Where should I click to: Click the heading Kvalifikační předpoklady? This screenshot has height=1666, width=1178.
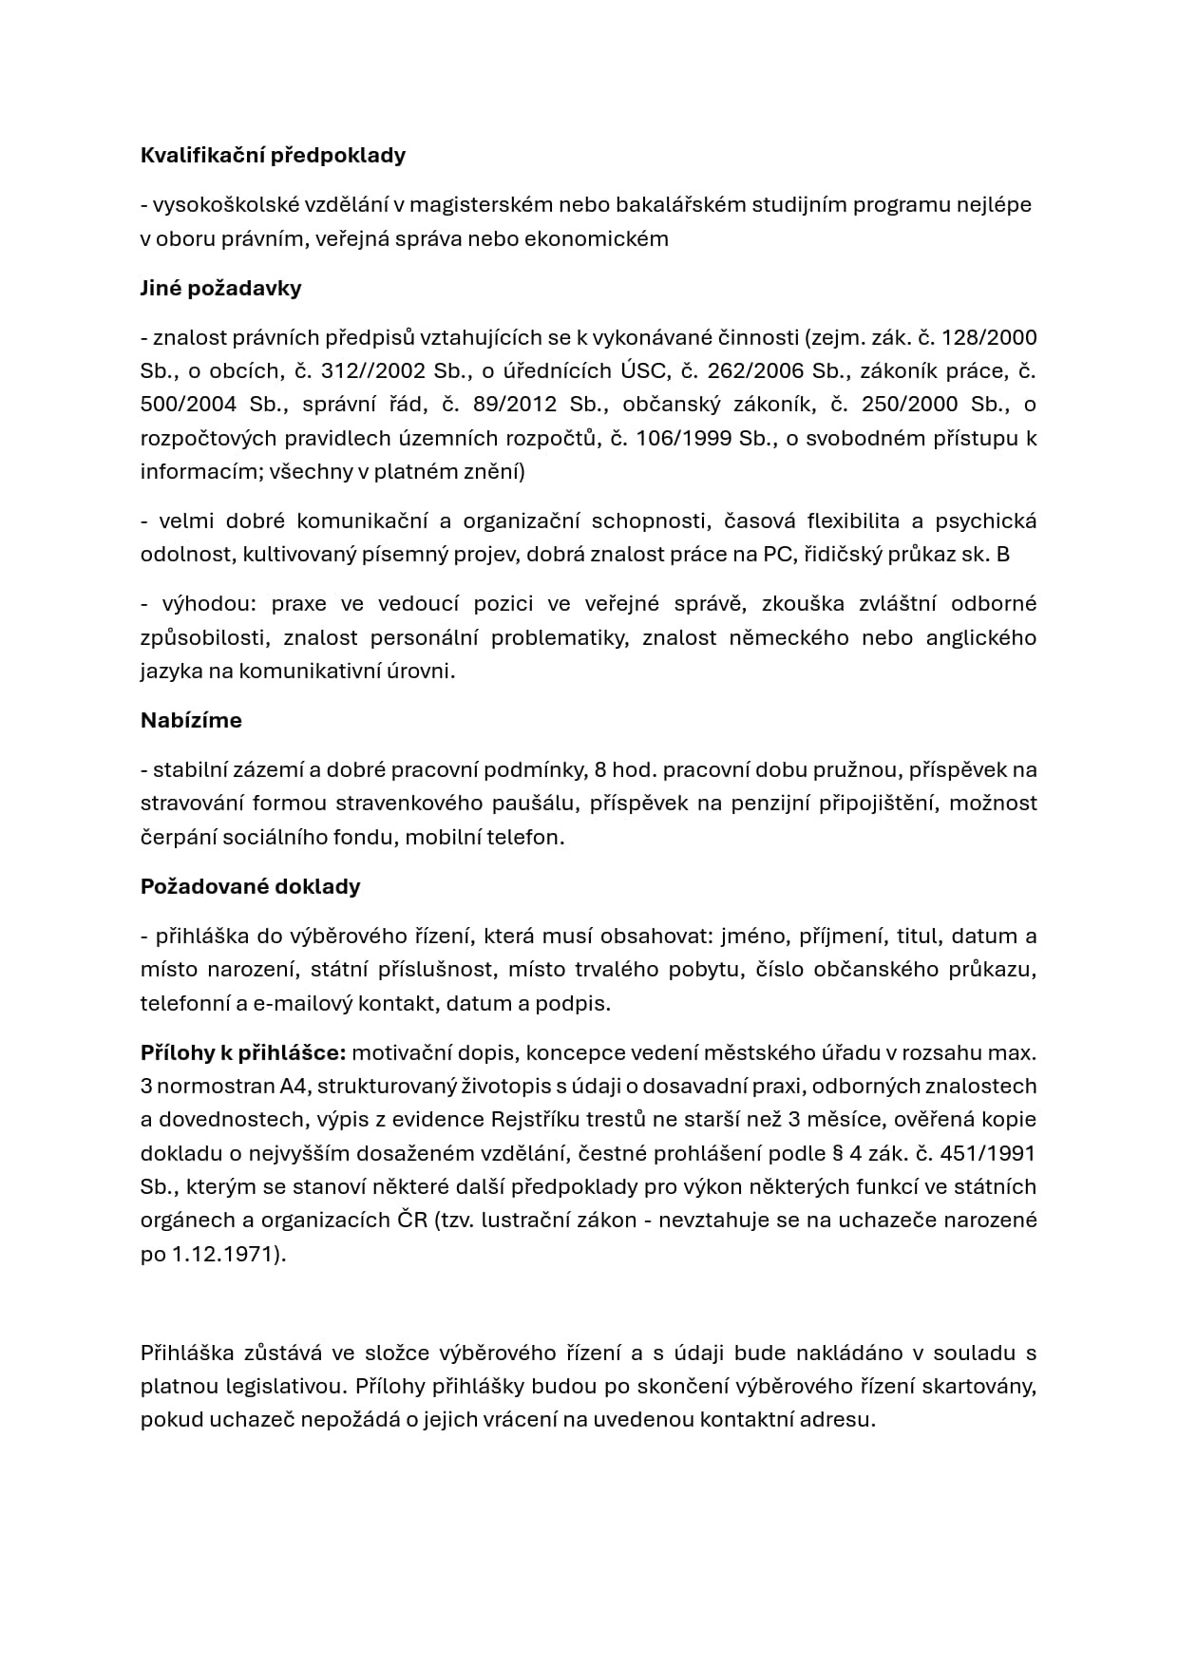tap(273, 156)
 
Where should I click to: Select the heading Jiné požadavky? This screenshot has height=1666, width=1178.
tap(220, 289)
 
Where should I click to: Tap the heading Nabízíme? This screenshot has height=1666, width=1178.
tap(191, 721)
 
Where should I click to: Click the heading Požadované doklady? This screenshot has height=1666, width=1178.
tap(250, 887)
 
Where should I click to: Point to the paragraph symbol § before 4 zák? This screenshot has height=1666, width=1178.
tap(837, 1153)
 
